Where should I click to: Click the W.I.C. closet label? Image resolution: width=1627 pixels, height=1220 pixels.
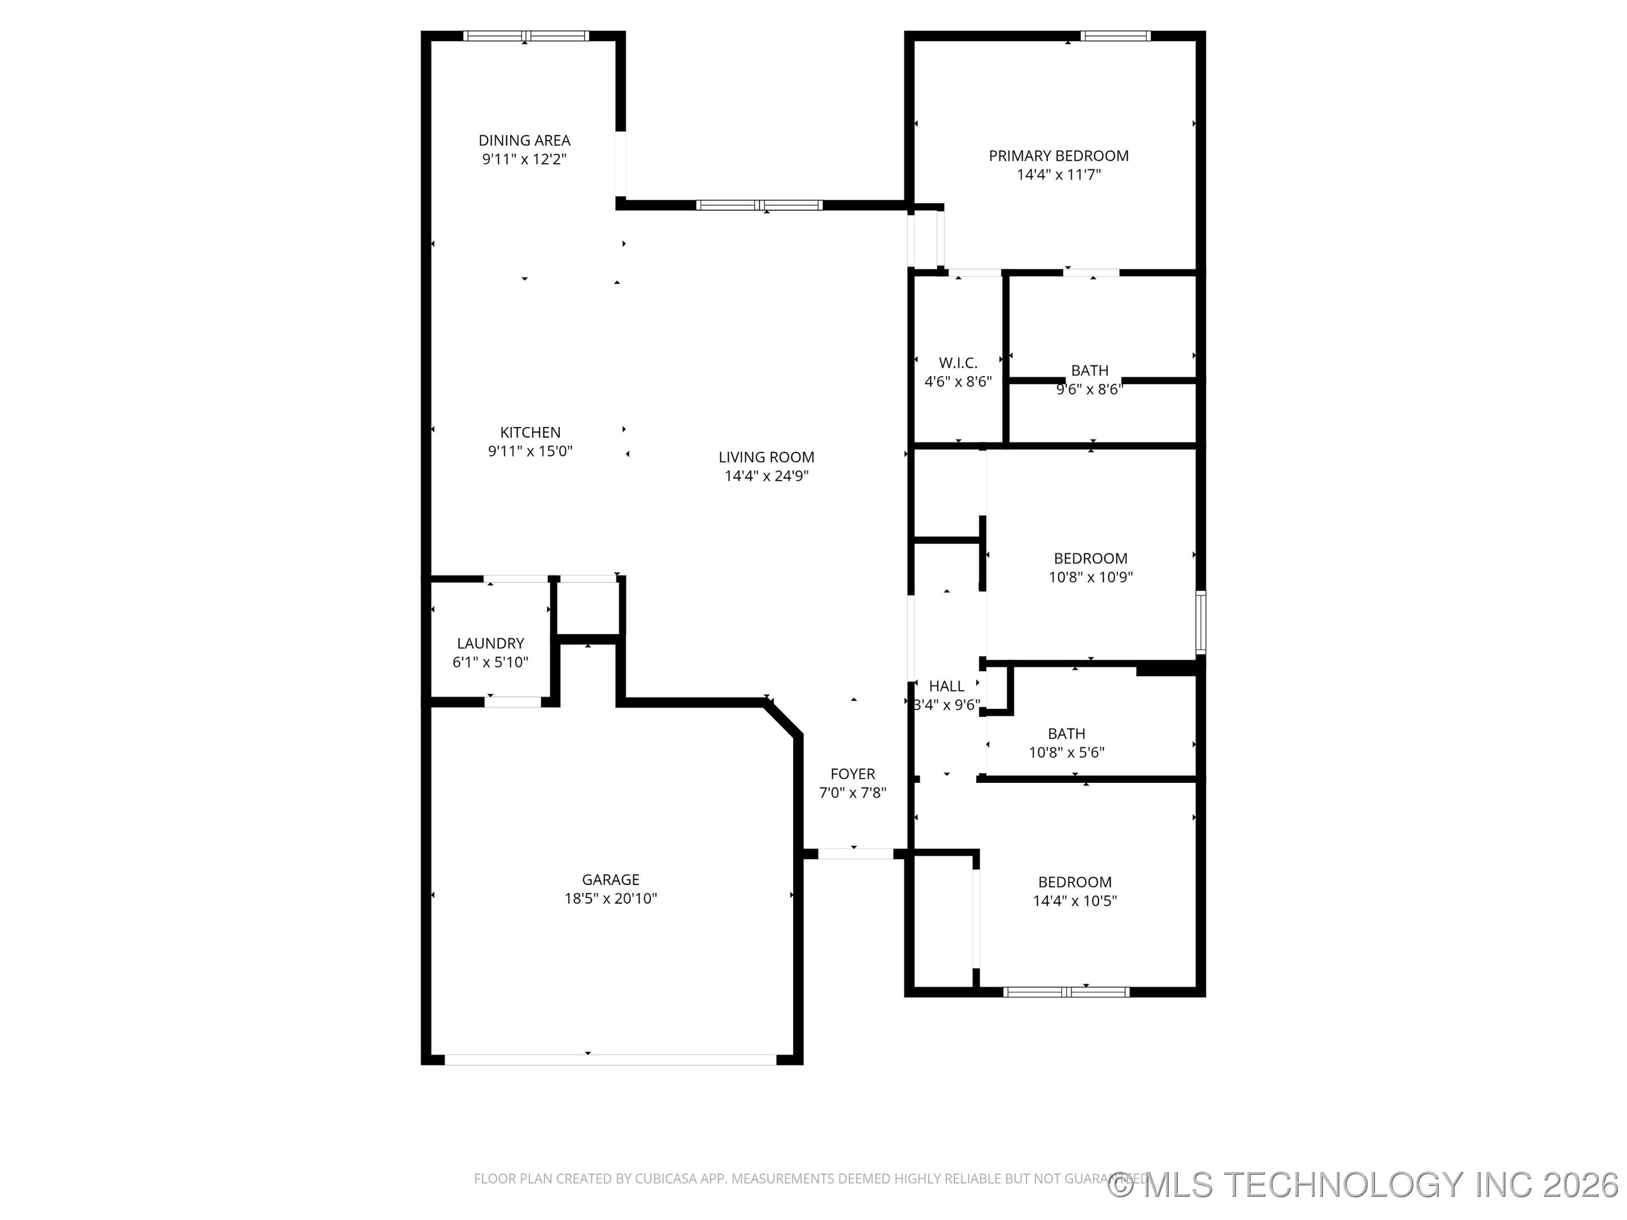(x=958, y=363)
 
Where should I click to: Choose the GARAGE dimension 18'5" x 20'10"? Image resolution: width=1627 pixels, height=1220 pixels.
(x=611, y=899)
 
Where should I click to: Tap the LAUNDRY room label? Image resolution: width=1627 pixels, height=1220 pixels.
(x=490, y=643)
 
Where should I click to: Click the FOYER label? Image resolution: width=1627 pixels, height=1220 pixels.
(x=852, y=774)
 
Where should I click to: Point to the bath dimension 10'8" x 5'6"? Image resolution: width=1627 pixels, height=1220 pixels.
(x=1066, y=752)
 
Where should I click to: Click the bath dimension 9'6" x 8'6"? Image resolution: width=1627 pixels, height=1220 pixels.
(x=1089, y=390)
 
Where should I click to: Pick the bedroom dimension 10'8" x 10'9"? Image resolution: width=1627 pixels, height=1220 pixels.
(x=1090, y=577)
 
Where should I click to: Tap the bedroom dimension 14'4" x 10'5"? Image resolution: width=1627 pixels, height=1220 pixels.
(x=1074, y=901)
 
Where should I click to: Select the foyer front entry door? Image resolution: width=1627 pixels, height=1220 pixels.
(x=855, y=854)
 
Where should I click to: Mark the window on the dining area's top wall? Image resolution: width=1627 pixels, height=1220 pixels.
(x=525, y=35)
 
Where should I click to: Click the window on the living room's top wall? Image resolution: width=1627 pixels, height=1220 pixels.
(x=759, y=205)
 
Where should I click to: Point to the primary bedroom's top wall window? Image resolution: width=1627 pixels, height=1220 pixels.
(x=1115, y=35)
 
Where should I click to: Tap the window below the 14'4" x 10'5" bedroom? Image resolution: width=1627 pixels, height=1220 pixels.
(x=1066, y=992)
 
